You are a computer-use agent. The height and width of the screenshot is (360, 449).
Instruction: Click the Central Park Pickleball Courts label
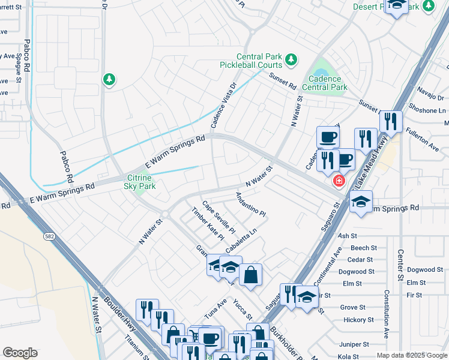click(259, 59)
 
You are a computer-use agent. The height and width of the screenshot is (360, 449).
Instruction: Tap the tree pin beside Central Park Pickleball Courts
click(291, 59)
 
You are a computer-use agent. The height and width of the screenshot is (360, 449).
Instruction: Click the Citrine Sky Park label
click(141, 182)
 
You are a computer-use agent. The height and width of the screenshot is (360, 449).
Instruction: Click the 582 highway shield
click(49, 238)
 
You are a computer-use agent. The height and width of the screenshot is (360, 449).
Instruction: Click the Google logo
click(20, 353)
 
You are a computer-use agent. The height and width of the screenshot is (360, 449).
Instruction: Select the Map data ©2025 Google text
click(411, 355)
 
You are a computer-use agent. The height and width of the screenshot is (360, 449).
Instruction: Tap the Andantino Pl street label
click(250, 205)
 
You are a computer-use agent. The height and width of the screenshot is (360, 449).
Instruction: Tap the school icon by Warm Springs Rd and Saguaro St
click(361, 202)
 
